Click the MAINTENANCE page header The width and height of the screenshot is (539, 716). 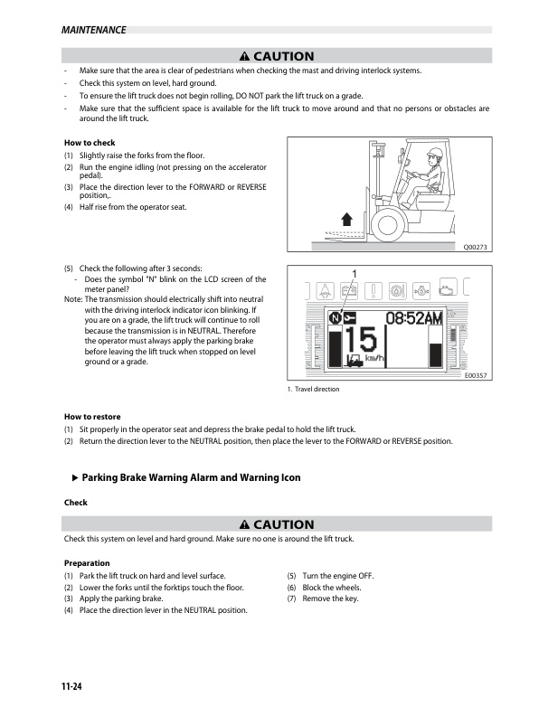[94, 30]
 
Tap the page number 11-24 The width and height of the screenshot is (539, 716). [71, 686]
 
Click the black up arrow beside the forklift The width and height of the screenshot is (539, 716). [347, 219]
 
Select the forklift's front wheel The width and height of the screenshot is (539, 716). [388, 224]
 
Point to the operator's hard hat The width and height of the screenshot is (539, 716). [436, 153]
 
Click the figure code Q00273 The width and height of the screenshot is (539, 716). [475, 247]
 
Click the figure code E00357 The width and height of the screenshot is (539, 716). [476, 375]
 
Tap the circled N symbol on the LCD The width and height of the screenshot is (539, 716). [336, 318]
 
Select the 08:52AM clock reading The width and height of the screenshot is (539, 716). [414, 318]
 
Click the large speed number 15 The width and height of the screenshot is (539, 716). [361, 340]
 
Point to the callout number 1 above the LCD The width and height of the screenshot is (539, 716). [354, 274]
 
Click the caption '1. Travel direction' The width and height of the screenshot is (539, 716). [313, 389]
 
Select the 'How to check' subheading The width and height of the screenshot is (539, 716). [90, 143]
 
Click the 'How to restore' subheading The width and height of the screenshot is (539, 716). [92, 417]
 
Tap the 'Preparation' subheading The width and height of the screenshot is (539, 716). [87, 563]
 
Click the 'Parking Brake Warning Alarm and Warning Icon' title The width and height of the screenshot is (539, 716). [191, 477]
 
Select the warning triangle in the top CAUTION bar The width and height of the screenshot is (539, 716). [244, 56]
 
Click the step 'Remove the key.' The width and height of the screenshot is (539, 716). [330, 598]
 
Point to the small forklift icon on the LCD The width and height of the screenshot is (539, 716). [355, 361]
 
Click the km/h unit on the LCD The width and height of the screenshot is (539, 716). [374, 359]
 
